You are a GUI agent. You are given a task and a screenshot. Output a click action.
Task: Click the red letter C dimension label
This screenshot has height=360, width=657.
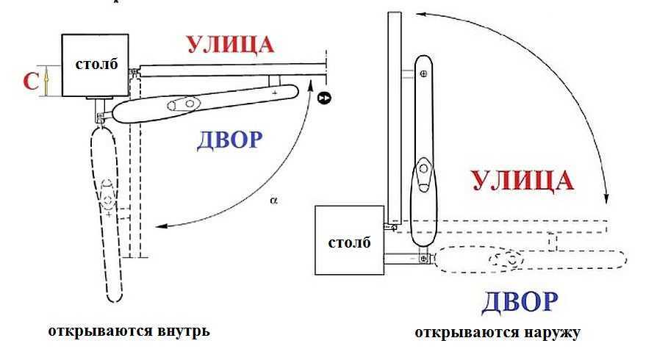(x=30, y=81)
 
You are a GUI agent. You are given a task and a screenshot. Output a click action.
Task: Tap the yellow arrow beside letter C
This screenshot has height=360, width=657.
(x=46, y=80)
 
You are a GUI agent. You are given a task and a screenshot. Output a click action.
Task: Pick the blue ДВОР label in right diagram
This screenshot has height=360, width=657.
(x=520, y=301)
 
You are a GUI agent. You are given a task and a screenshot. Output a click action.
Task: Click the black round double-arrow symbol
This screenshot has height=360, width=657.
(x=323, y=97)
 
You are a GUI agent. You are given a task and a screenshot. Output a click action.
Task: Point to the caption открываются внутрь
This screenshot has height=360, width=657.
(x=129, y=331)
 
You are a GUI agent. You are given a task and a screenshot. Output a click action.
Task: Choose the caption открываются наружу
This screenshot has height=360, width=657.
(x=497, y=333)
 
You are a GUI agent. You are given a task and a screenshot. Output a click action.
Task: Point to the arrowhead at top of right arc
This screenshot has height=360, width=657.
(x=419, y=12)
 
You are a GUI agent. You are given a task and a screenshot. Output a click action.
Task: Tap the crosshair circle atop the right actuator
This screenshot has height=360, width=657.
(x=423, y=74)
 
